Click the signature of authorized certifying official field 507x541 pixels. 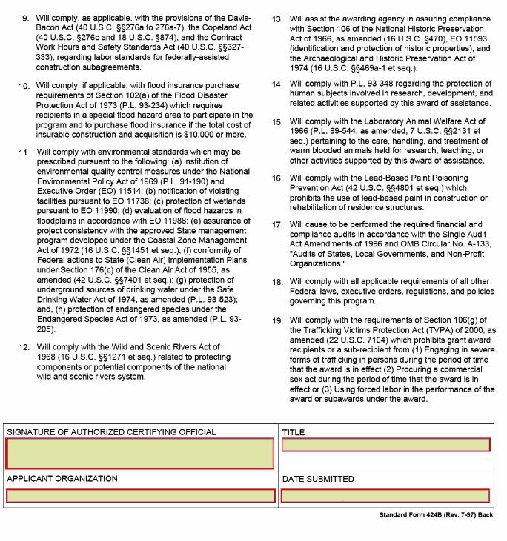tap(140, 454)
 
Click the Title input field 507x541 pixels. tap(385, 445)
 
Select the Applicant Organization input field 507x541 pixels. tap(140, 496)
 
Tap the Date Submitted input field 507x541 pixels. tap(385, 496)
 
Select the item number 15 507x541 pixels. tap(277, 122)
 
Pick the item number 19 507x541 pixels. tap(277, 321)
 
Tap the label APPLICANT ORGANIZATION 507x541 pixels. tap(62, 479)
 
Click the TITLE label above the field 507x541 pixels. tap(294, 431)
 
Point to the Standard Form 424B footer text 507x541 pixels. tap(436, 515)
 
